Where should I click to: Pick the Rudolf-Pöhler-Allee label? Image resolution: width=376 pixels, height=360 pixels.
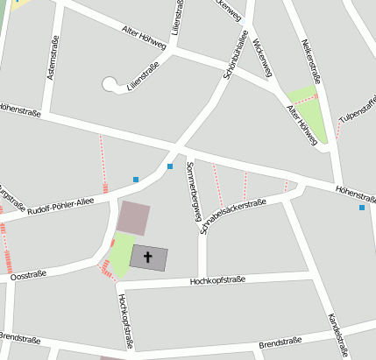point(60,206)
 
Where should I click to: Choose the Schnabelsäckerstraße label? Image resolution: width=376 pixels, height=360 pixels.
point(232,215)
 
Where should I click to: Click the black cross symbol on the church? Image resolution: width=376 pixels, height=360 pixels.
point(148,258)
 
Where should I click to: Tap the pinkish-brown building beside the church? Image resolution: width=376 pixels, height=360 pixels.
point(133,217)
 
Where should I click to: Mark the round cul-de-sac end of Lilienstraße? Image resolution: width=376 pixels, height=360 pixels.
point(110,85)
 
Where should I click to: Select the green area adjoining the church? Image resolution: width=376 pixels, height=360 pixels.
point(121,254)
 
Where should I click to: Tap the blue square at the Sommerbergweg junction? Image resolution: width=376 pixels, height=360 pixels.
point(170,166)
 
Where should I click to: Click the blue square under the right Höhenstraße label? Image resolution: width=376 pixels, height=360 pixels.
point(361,208)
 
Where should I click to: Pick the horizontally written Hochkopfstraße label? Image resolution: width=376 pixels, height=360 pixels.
point(217,280)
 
